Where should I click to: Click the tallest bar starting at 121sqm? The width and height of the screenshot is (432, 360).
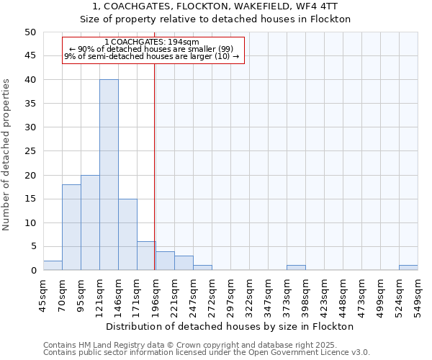pyautogui.click(x=109, y=175)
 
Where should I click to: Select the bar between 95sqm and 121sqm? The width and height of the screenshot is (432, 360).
pyautogui.click(x=90, y=222)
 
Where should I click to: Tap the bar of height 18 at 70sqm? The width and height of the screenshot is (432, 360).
pyautogui.click(x=71, y=228)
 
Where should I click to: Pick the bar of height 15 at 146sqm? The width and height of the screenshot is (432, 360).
pyautogui.click(x=127, y=235)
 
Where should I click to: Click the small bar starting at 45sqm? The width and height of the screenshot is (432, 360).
pyautogui.click(x=53, y=266)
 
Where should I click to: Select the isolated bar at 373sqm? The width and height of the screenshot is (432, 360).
pyautogui.click(x=296, y=268)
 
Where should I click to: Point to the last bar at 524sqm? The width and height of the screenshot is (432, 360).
pyautogui.click(x=408, y=268)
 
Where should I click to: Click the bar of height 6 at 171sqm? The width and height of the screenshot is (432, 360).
pyautogui.click(x=146, y=256)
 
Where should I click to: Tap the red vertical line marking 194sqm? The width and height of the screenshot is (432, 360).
pyautogui.click(x=155, y=180)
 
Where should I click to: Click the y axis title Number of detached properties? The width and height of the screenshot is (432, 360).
pyautogui.click(x=6, y=155)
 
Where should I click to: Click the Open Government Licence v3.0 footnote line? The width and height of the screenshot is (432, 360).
pyautogui.click(x=207, y=353)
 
